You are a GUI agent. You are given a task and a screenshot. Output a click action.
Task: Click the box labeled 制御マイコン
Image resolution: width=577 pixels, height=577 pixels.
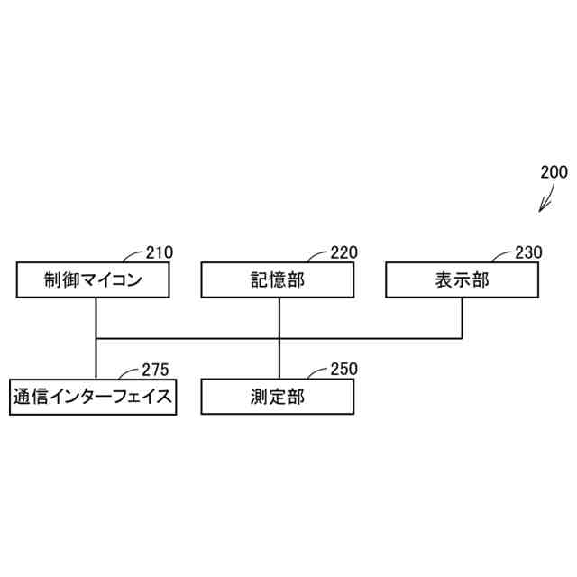pos(94,279)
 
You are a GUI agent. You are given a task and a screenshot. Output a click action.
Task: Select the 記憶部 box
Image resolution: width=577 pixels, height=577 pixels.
pos(277,279)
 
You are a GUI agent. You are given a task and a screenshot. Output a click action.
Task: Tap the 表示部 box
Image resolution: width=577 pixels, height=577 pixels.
pos(462,279)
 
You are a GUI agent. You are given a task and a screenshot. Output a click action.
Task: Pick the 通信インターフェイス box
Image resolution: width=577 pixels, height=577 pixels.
pos(93,397)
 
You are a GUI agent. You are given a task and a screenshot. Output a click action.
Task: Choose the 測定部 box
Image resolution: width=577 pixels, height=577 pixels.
pos(277,397)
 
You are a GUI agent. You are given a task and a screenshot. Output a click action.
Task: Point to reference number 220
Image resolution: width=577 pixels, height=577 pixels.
pos(343,252)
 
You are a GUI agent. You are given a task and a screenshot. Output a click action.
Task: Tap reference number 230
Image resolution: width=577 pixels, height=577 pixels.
pos(528,252)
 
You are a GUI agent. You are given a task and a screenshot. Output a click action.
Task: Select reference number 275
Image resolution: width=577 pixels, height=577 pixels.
pos(155,370)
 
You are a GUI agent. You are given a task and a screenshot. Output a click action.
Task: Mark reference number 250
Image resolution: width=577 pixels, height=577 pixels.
pos(343,369)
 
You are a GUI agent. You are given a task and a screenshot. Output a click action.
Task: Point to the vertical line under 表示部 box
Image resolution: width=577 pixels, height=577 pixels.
pos(462,318)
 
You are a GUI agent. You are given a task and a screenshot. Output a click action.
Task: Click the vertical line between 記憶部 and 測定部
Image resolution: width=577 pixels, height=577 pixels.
pos(279,338)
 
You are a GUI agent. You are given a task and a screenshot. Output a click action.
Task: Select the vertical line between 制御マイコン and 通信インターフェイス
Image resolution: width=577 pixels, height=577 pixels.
pos(95,338)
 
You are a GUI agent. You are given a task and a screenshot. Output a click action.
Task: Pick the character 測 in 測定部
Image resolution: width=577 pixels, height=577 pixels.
pos(259,397)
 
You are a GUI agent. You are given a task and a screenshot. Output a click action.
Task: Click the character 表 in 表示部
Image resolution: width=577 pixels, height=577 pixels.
pos(443,279)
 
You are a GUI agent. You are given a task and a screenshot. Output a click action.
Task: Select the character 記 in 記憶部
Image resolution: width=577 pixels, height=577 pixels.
pos(259,279)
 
